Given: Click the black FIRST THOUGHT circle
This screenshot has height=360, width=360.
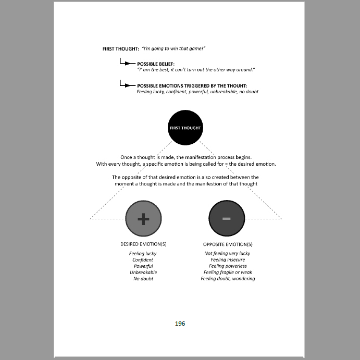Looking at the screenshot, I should point(185,127).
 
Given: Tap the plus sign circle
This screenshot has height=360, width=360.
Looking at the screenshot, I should point(143,219).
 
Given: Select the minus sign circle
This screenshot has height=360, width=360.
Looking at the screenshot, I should point(226,219).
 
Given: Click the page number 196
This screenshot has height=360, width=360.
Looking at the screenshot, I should point(180,324).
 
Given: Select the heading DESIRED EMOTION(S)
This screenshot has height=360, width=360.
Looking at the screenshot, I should point(143,244).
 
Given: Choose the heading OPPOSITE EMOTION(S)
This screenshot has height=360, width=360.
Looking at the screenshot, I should point(228,244).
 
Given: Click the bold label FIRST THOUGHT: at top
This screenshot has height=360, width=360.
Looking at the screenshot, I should point(120,48).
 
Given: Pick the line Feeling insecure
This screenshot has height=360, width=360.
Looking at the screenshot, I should point(228,260).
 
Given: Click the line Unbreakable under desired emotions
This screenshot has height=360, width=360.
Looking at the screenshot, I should point(143,272).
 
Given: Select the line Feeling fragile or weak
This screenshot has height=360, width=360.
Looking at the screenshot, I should point(228,272).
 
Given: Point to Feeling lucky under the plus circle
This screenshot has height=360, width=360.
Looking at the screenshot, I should point(143,254).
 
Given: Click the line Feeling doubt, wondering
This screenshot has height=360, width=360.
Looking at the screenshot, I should point(228,279).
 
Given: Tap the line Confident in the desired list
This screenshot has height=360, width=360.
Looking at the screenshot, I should point(143,260).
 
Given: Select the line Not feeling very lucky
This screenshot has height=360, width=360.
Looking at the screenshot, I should point(228,254).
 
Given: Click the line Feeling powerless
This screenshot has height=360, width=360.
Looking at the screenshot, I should point(228,266).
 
